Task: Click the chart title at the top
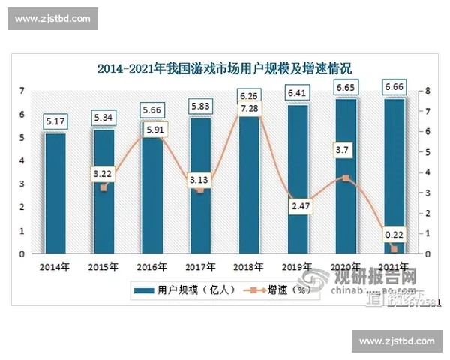pyautogui.click(x=224, y=69)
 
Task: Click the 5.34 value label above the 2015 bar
pyautogui.click(x=103, y=118)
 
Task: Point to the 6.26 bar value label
pyautogui.click(x=248, y=95)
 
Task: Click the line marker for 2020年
pyautogui.click(x=345, y=178)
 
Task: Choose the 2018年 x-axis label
pyautogui.click(x=248, y=265)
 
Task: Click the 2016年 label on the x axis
pyautogui.click(x=151, y=265)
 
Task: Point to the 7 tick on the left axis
pyautogui.click(x=22, y=91)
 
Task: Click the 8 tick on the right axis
pyautogui.click(x=426, y=91)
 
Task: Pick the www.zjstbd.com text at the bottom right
pyautogui.click(x=397, y=341)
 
